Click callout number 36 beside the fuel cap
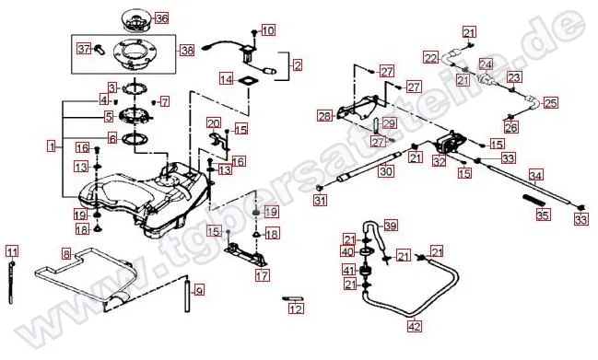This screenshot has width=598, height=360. click(161, 17)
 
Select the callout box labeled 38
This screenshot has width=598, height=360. click(187, 50)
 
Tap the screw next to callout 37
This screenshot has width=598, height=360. click(97, 50)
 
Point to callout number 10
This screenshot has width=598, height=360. click(267, 30)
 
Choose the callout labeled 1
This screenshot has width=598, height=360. click(53, 145)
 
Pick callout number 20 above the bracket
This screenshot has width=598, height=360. click(213, 122)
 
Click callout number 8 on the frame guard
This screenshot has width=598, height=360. click(66, 253)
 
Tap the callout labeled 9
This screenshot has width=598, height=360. click(198, 289)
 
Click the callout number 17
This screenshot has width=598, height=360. click(263, 274)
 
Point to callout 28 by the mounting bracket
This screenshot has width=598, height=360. click(324, 116)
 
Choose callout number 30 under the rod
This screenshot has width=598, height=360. click(386, 171)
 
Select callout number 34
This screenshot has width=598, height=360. click(536, 174)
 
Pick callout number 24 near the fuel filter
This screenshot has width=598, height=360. click(485, 64)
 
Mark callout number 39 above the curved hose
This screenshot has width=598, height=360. click(391, 226)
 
